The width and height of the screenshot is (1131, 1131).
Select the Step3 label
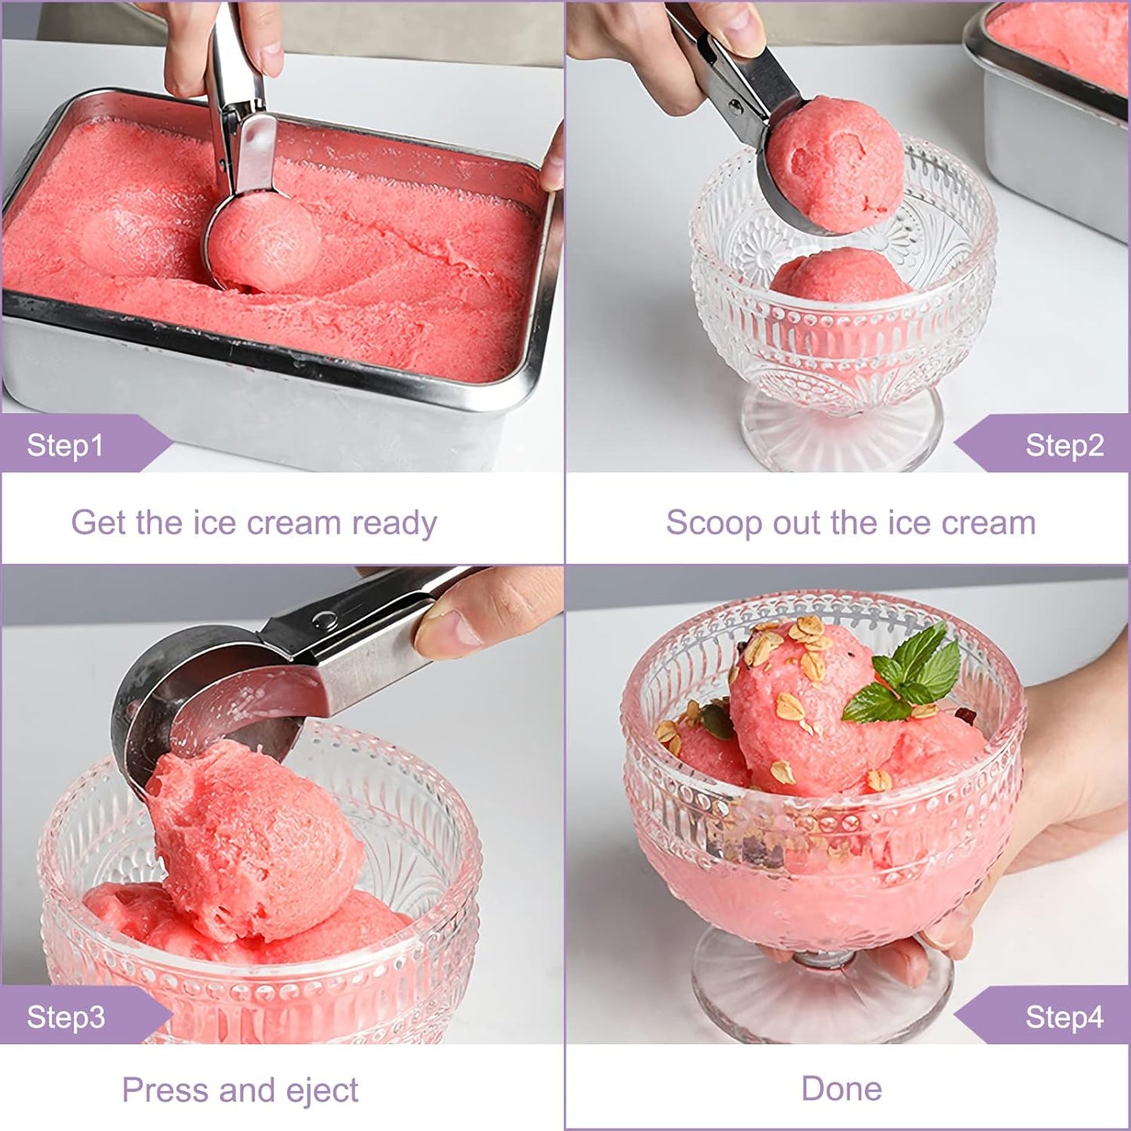(66, 1017)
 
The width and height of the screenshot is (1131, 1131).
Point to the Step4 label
(1064, 1017)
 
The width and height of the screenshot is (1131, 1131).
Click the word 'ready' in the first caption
(394, 523)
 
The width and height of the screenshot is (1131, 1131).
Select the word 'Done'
(841, 1089)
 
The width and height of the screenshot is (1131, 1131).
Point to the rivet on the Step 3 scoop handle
(325, 619)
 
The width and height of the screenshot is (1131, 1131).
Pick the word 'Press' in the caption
(165, 1090)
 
